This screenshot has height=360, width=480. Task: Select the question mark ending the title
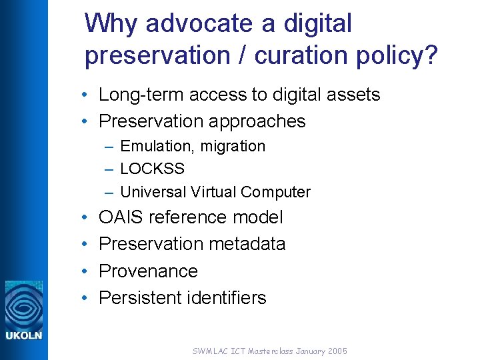[431, 57]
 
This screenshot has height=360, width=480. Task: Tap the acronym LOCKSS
[152, 169]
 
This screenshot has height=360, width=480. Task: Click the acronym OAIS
[121, 217]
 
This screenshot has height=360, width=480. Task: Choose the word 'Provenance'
[148, 271]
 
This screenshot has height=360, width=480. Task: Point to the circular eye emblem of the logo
[24, 303]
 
